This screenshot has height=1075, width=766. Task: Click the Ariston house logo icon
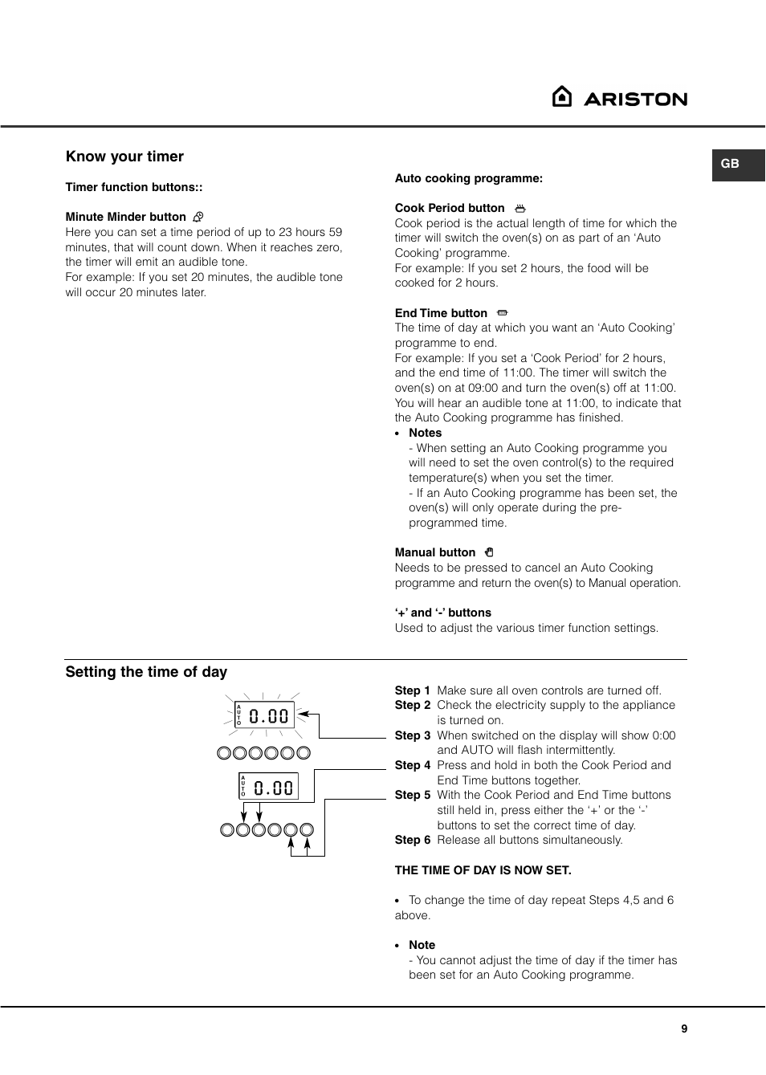pyautogui.click(x=562, y=96)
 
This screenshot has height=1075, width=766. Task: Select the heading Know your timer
pyautogui.click(x=124, y=157)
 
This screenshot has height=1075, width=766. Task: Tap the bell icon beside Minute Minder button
pyautogui.click(x=198, y=217)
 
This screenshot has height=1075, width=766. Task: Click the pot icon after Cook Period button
pyautogui.click(x=520, y=209)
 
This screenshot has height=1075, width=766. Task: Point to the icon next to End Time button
pyautogui.click(x=503, y=313)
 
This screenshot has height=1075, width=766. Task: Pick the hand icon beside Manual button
pyautogui.click(x=489, y=552)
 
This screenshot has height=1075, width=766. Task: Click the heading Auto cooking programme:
pyautogui.click(x=468, y=178)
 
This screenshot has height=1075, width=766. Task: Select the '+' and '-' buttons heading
pyautogui.click(x=442, y=613)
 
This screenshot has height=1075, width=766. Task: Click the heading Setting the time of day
pyautogui.click(x=146, y=672)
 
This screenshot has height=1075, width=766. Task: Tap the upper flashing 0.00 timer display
pyautogui.click(x=264, y=715)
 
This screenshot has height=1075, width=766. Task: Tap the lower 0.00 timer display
pyautogui.click(x=269, y=787)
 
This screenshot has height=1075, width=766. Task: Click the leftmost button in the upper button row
pyautogui.click(x=224, y=753)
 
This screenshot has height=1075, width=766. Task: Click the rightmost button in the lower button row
pyautogui.click(x=307, y=830)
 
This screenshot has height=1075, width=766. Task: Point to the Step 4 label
pyautogui.click(x=412, y=765)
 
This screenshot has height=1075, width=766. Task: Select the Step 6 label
pyautogui.click(x=412, y=840)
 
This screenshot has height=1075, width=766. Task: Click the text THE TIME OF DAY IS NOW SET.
pyautogui.click(x=483, y=870)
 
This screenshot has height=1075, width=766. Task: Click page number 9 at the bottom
pyautogui.click(x=684, y=1028)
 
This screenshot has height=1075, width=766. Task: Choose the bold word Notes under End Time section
pyautogui.click(x=425, y=433)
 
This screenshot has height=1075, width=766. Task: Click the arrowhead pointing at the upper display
pyautogui.click(x=303, y=714)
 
